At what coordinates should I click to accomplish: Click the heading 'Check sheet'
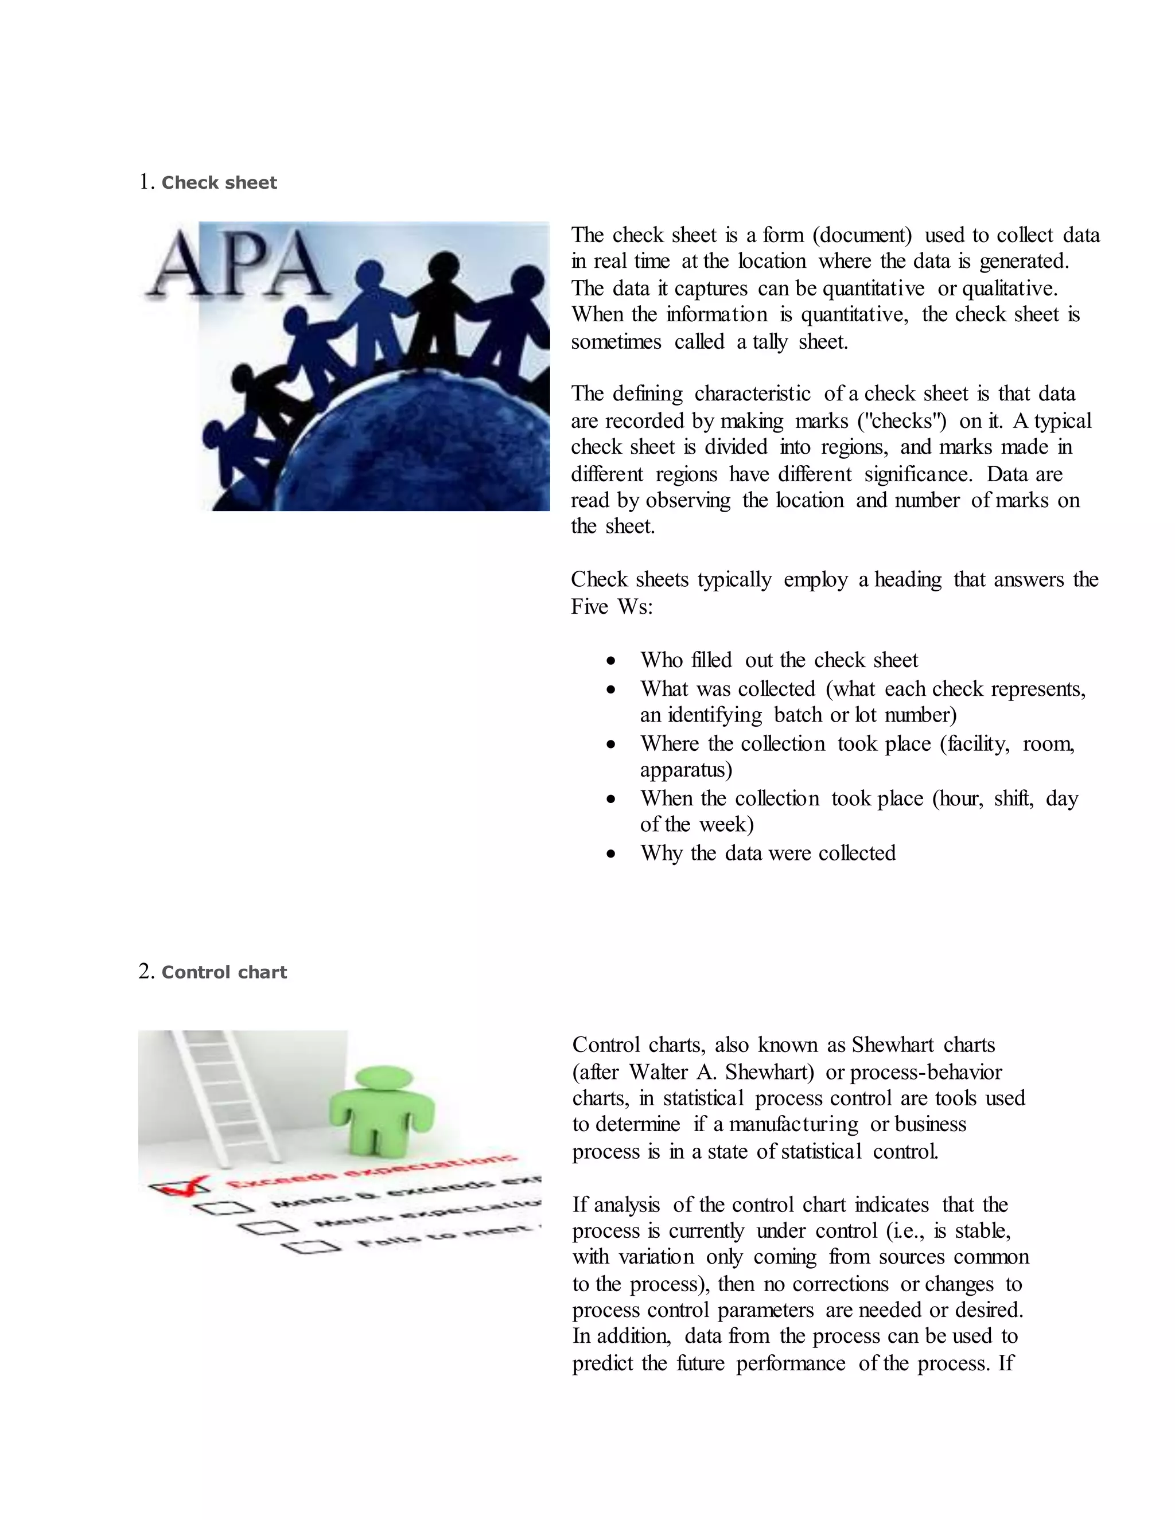219,183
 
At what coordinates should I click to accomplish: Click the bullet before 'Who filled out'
610,660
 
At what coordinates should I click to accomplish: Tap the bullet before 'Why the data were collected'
610,854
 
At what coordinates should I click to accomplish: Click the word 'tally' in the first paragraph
769,342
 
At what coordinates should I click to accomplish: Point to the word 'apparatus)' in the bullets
686,770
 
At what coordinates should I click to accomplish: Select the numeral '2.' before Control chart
146,972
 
